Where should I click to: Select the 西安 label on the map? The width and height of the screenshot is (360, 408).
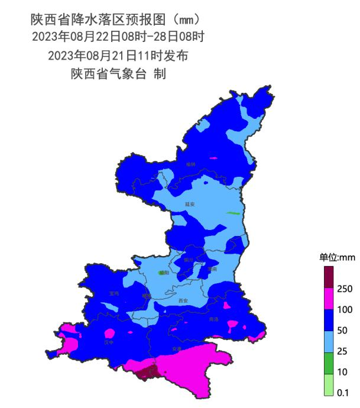tap(183, 301)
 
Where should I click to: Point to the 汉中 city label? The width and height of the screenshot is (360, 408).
tap(108, 342)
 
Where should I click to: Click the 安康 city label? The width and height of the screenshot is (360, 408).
tap(177, 349)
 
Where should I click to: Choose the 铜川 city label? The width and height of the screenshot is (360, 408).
tap(189, 260)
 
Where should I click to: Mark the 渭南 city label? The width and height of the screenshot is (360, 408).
tap(212, 269)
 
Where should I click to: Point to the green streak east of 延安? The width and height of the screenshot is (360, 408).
tap(234, 213)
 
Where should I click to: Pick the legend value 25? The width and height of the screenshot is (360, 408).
tap(343, 351)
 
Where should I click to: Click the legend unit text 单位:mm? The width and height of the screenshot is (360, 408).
tap(337, 257)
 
